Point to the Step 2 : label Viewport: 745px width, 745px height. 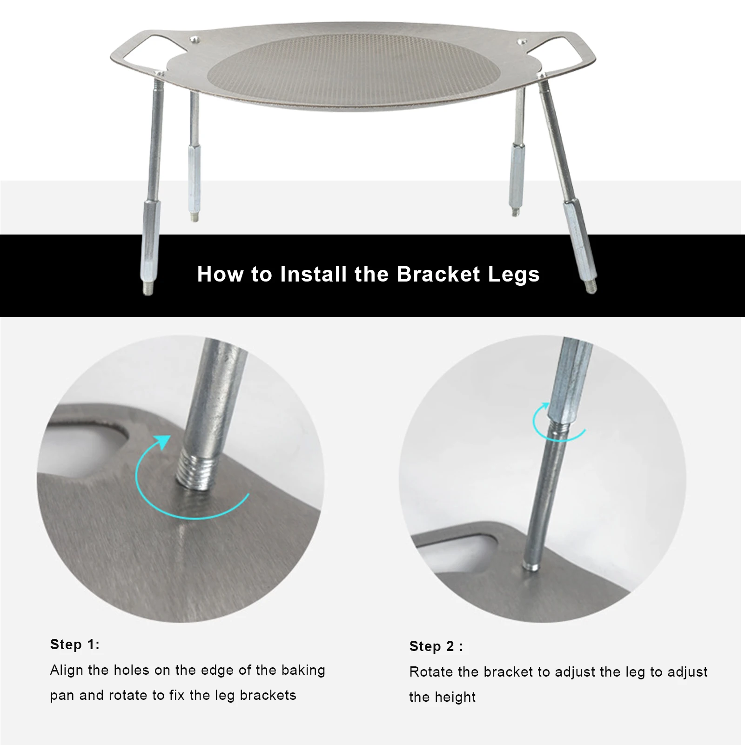click(436, 646)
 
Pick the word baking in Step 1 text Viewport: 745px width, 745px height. click(303, 671)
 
